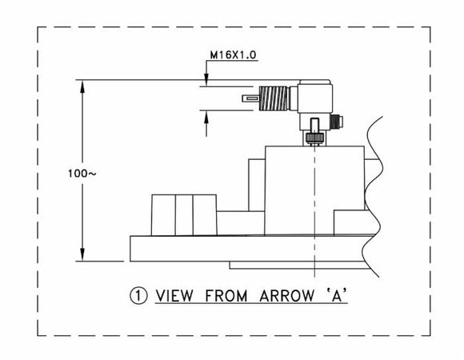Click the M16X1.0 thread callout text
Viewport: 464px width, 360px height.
pos(233,55)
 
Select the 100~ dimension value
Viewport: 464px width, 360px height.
pos(82,174)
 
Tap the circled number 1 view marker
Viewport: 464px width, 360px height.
pos(138,296)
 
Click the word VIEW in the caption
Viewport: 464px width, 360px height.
pos(174,296)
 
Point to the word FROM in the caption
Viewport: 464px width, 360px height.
pos(226,296)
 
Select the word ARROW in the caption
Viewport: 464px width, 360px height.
pos(286,296)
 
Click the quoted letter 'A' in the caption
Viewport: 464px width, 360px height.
pos(337,295)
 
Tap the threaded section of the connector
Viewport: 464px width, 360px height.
pos(274,98)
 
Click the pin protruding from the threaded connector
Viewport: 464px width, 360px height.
pos(250,98)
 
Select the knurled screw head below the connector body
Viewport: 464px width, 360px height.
pos(314,138)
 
